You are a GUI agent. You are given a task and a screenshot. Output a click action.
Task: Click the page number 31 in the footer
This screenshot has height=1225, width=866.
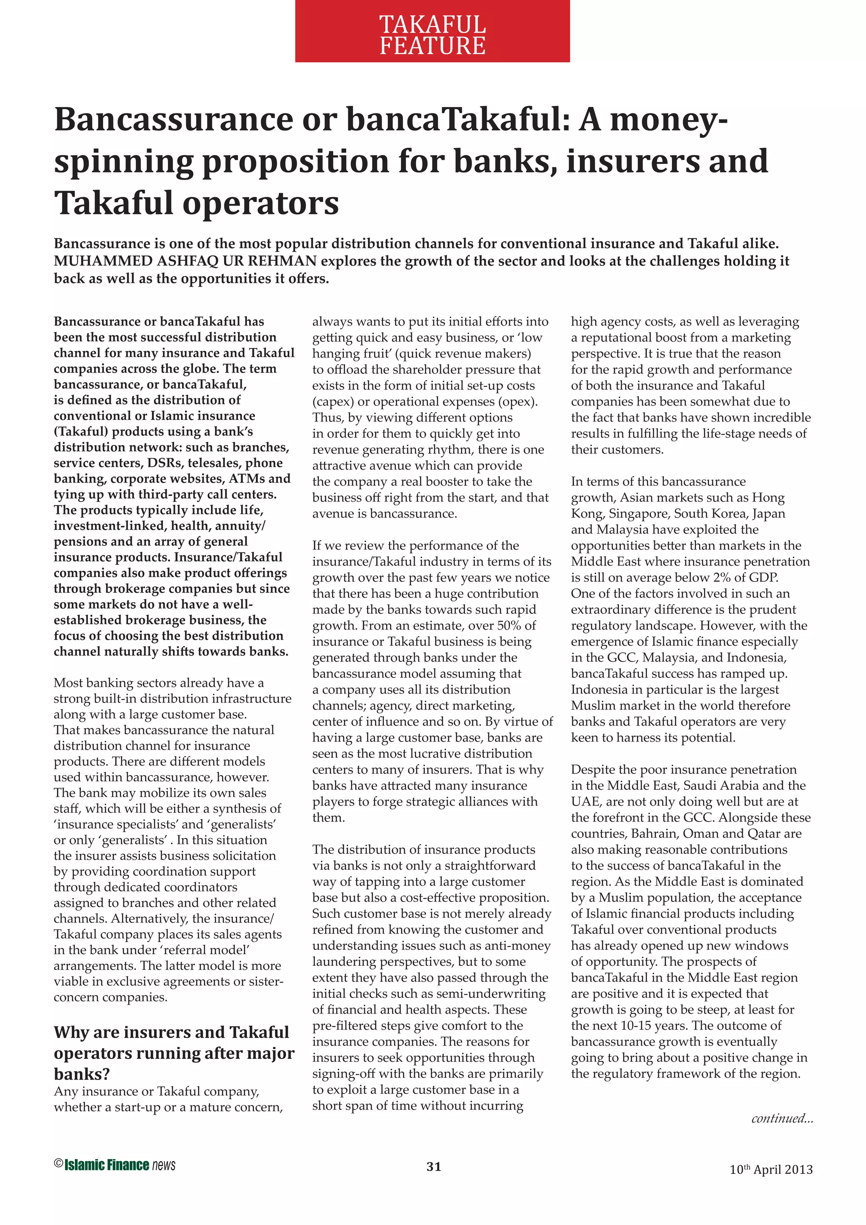(434, 1166)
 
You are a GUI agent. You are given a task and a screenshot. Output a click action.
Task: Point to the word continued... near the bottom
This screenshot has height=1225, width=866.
(782, 1118)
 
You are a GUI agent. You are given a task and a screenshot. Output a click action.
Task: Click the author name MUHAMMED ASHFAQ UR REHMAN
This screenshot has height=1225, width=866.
(185, 261)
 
